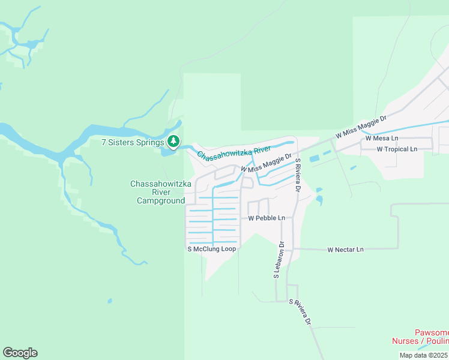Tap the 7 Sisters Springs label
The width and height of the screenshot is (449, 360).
coord(133,143)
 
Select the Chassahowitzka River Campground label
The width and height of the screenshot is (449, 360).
coord(158,192)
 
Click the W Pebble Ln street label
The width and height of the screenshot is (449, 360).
coord(266,218)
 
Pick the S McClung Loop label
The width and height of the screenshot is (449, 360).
coord(212,248)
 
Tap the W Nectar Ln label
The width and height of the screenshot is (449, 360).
coord(345,249)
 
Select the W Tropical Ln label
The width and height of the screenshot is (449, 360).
coord(397,149)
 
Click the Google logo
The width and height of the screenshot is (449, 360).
coord(20,353)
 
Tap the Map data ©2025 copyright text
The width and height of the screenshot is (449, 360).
coord(423,355)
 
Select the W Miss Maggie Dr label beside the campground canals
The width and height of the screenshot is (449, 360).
coord(266,163)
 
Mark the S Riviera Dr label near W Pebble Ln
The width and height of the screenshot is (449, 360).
coord(297,175)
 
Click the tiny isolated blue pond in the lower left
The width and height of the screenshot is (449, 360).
coord(109,301)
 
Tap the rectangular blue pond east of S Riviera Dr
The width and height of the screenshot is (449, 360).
coord(314,159)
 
